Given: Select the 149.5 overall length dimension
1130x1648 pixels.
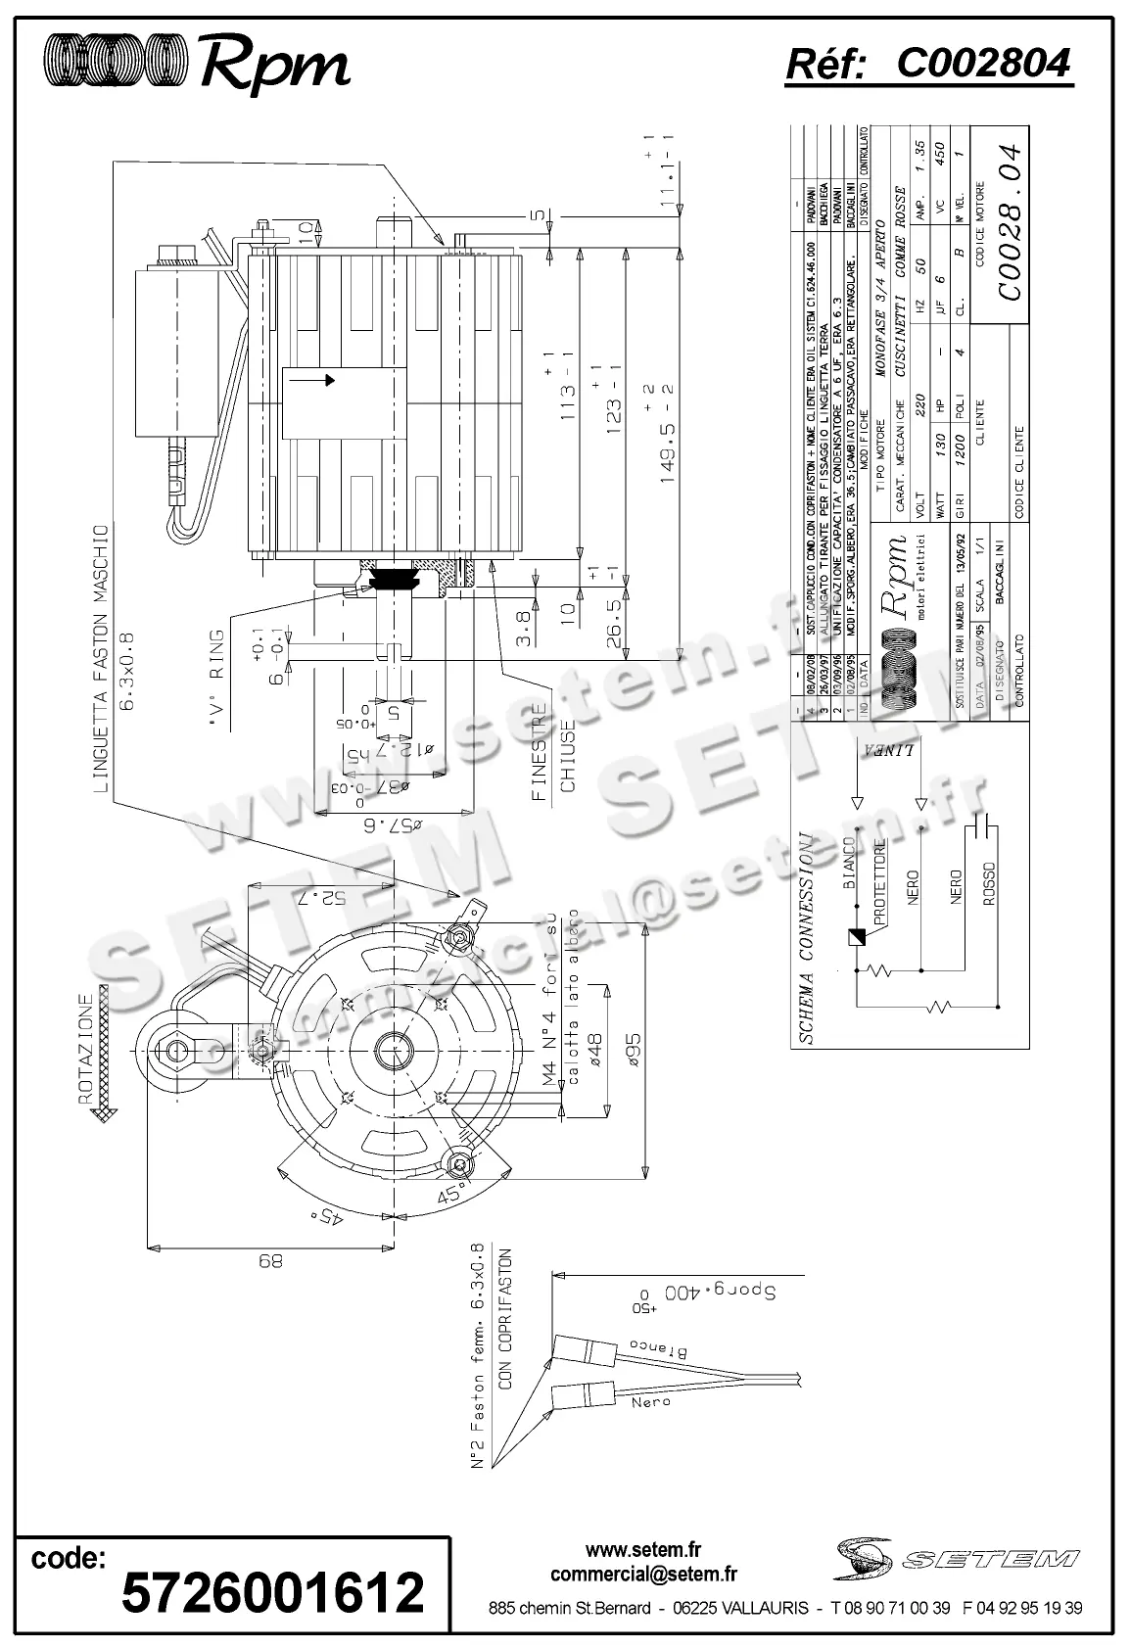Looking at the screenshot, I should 671,430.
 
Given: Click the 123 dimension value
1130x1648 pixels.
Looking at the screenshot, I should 615,405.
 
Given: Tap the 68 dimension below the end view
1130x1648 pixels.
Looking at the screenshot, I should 269,1262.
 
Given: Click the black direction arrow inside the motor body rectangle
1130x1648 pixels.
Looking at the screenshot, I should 330,380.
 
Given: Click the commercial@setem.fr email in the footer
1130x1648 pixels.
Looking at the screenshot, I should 643,1574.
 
